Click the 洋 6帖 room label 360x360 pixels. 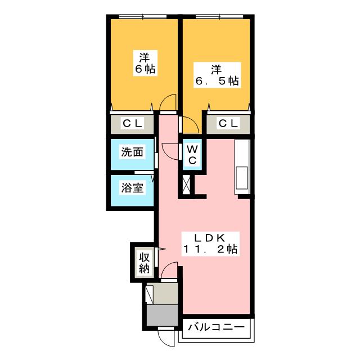(x=145, y=63)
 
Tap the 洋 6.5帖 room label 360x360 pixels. (x=217, y=75)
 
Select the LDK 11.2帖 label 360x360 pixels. (x=210, y=244)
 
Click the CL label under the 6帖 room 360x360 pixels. (x=132, y=124)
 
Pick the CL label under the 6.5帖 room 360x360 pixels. (x=228, y=124)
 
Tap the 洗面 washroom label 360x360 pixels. (x=132, y=152)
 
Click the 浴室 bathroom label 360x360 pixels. (x=132, y=188)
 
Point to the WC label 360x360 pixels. (x=192, y=155)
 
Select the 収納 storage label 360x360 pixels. (x=144, y=263)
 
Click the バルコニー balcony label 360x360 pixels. (x=216, y=327)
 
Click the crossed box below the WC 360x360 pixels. (x=186, y=184)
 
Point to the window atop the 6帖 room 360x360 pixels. (x=143, y=16)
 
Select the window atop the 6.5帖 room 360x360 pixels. (x=219, y=16)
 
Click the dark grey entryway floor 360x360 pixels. (x=162, y=315)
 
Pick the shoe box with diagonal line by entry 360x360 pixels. (x=150, y=294)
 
